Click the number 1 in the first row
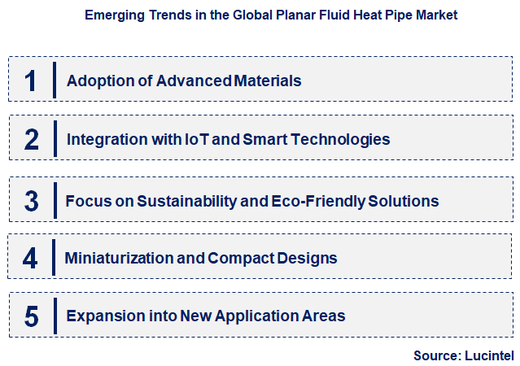point(31,81)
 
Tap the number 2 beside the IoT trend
point(31,140)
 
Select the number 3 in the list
point(31,201)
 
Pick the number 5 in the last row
point(31,316)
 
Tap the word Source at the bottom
point(436,355)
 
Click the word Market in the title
point(435,15)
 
